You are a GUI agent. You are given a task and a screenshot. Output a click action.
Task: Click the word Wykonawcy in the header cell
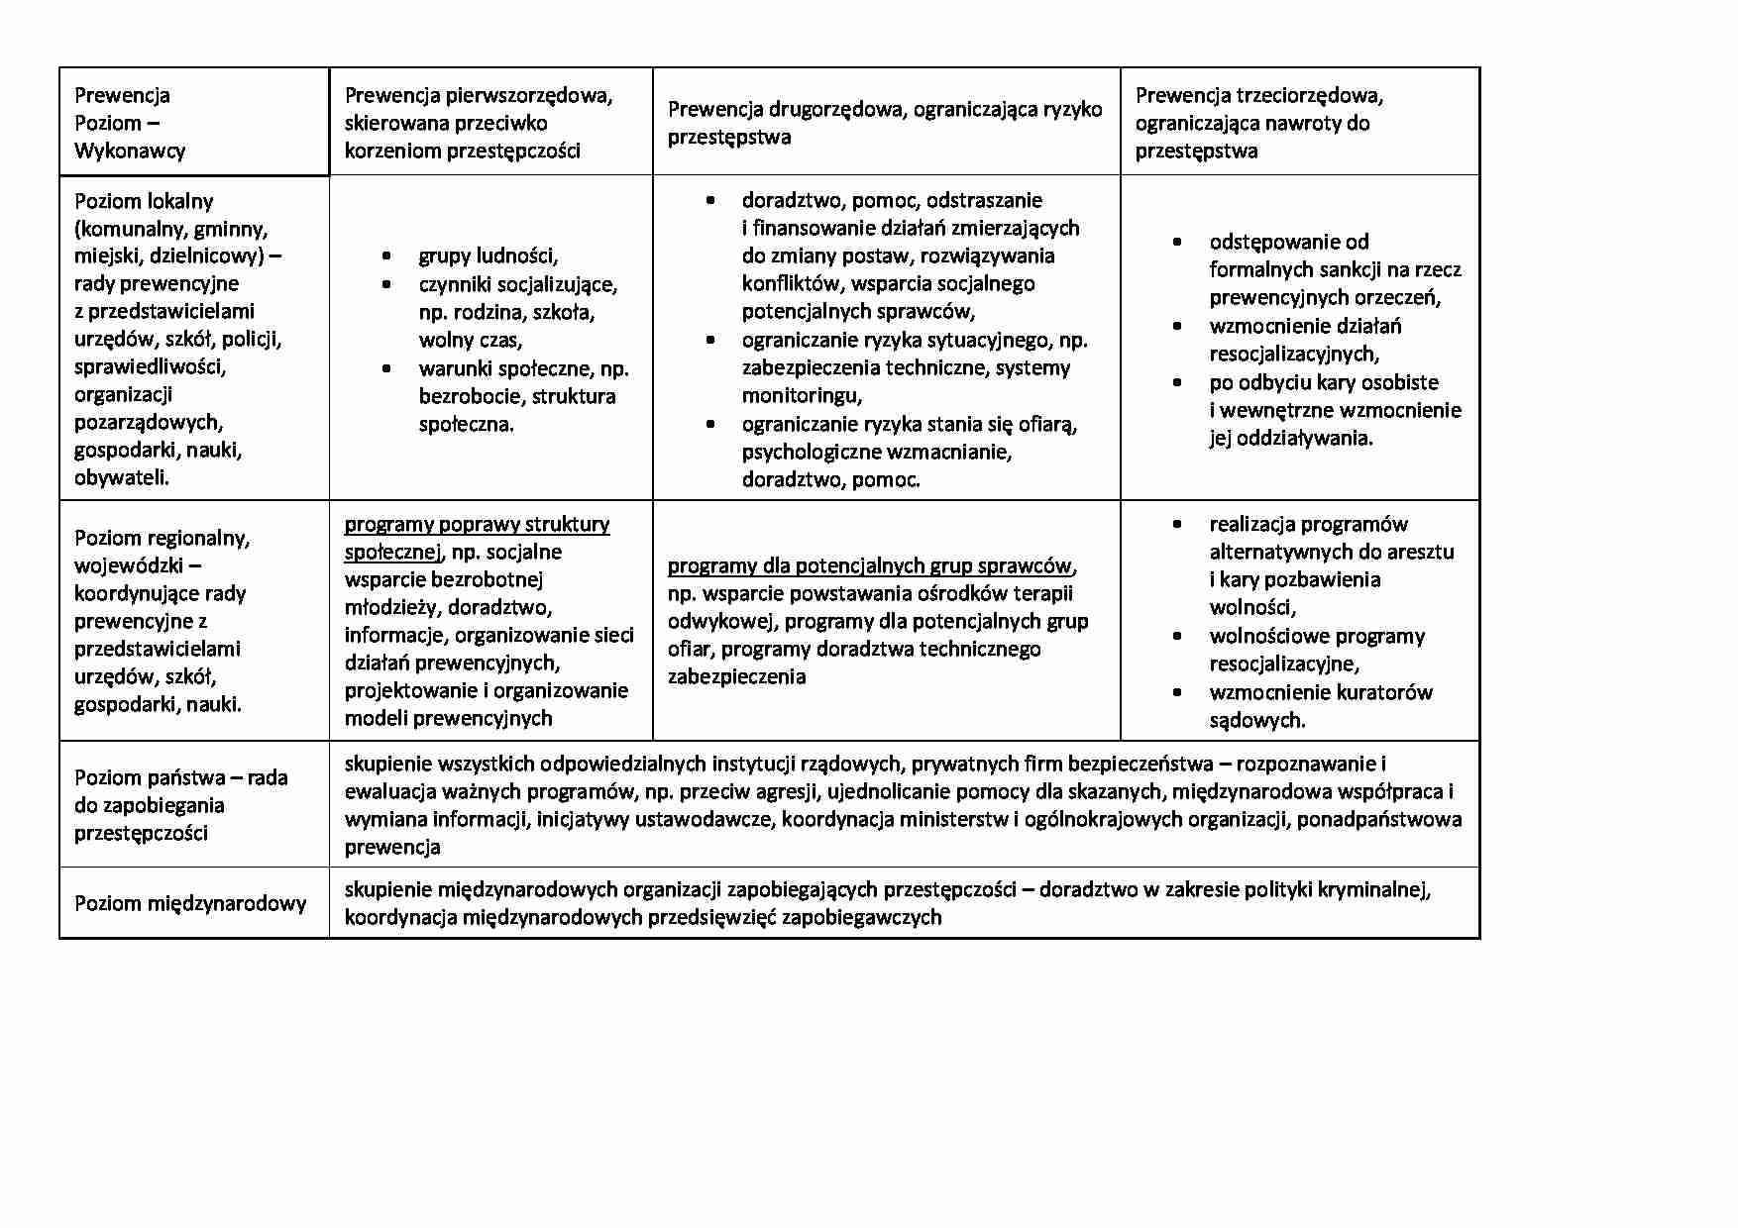[130, 151]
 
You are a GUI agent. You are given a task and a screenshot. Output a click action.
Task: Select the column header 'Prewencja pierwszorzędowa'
[479, 96]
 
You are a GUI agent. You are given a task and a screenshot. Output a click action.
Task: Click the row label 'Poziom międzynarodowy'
[190, 903]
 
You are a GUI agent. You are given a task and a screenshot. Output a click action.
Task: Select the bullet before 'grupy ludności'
[386, 256]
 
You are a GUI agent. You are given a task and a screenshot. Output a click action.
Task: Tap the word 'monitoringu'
[801, 396]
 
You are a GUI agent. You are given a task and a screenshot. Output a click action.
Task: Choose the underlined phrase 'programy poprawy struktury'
[477, 524]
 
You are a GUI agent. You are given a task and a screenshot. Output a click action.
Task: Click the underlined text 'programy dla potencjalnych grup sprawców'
[869, 565]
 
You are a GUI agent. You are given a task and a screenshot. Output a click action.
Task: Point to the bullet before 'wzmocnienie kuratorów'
[1177, 692]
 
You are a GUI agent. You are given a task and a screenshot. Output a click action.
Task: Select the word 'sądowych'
[1255, 720]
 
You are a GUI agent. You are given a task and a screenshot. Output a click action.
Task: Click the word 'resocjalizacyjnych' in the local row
[1292, 354]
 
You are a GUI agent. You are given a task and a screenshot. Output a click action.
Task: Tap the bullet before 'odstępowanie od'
[1177, 243]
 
